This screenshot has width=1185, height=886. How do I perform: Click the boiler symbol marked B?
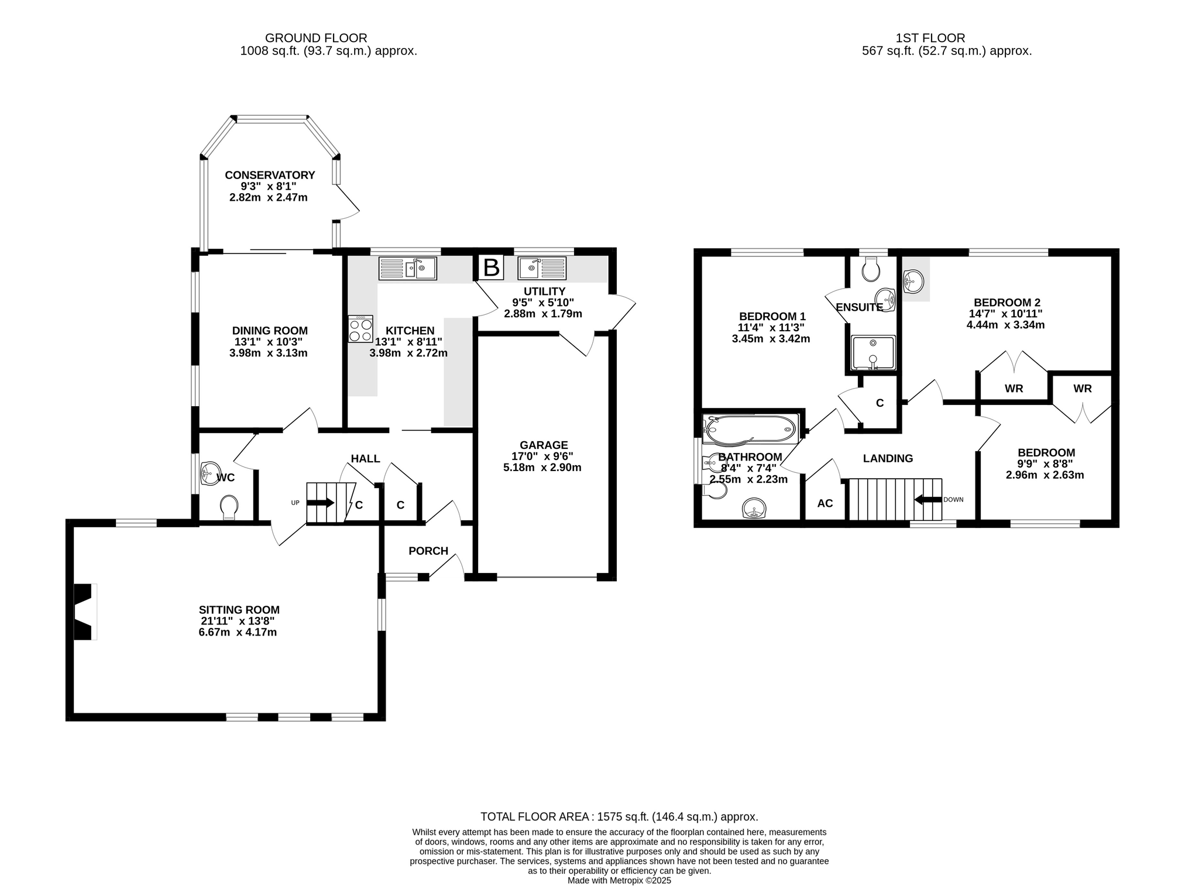[x=491, y=267]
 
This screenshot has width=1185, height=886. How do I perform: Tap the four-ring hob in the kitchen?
[x=360, y=329]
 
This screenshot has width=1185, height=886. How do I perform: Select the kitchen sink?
[x=408, y=269]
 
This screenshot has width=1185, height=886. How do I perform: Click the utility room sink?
[x=542, y=268]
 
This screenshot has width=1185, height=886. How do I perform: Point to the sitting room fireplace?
[x=84, y=612]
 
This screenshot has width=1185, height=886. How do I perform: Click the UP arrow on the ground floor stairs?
[x=321, y=503]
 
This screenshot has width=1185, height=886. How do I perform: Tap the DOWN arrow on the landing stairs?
[x=928, y=500]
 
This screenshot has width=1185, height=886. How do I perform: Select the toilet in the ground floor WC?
[x=229, y=507]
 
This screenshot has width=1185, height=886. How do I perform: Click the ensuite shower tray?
[x=873, y=352]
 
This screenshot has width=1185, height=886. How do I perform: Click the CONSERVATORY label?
[x=270, y=175]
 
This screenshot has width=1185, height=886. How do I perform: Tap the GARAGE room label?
[x=544, y=445]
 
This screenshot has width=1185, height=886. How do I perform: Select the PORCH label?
[x=428, y=551]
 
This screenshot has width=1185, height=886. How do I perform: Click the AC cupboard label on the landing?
[x=825, y=503]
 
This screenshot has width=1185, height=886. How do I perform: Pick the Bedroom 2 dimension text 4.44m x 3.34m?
[x=1005, y=325]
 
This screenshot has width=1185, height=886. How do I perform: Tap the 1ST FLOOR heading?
[x=930, y=39]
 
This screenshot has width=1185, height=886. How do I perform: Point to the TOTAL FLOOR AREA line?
[x=619, y=816]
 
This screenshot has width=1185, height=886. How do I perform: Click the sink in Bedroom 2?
[x=913, y=281]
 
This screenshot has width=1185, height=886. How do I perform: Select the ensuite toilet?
[x=872, y=269]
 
